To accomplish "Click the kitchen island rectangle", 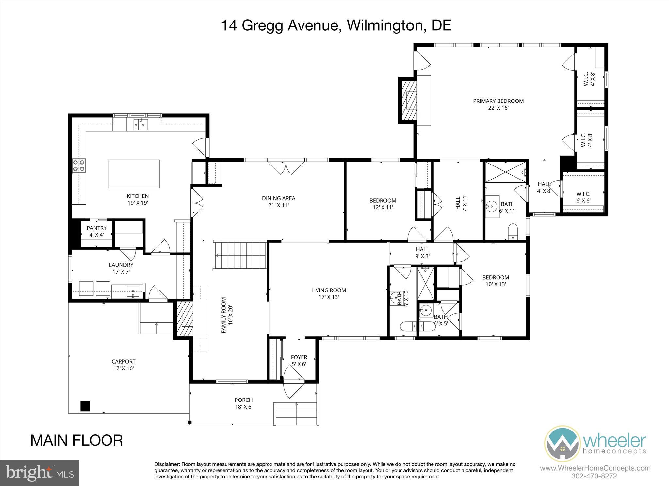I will pyautogui.click(x=134, y=174).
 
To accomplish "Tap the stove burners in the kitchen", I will pyautogui.click(x=79, y=165).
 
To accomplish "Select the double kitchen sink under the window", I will pyautogui.click(x=141, y=124).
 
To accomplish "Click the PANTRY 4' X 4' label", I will pyautogui.click(x=96, y=231).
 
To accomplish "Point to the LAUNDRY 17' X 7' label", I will pyautogui.click(x=121, y=268).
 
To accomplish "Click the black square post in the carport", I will pyautogui.click(x=85, y=406).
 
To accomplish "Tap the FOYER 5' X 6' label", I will pyautogui.click(x=299, y=360).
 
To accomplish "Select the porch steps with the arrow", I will pyautogui.click(x=296, y=413).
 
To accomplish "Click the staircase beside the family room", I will pyautogui.click(x=240, y=256).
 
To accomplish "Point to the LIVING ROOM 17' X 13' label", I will pyautogui.click(x=328, y=293).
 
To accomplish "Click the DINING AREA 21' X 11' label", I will pyautogui.click(x=278, y=201).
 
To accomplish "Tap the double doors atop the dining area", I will pyautogui.click(x=286, y=167).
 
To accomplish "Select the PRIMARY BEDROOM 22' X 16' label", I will pyautogui.click(x=498, y=104).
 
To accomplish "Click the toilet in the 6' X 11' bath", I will pyautogui.click(x=513, y=231).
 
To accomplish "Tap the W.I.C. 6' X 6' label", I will pyautogui.click(x=583, y=197).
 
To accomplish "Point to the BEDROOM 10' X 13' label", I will pyautogui.click(x=496, y=281).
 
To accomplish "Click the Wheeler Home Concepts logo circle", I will pyautogui.click(x=562, y=443).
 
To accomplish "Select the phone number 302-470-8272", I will pyautogui.click(x=594, y=476).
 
